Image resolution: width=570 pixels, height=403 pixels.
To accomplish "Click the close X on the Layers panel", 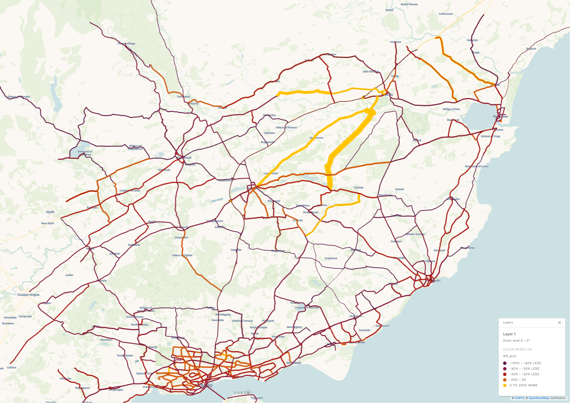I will (559, 323).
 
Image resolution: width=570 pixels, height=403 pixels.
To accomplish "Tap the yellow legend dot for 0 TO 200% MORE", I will (505, 385).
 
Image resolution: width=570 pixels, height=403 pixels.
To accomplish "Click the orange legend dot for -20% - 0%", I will (505, 380).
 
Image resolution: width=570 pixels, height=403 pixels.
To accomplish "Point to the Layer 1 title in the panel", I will (509, 334).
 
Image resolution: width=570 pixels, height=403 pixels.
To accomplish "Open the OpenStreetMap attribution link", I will (539, 398).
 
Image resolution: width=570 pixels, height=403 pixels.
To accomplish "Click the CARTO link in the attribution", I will (519, 398).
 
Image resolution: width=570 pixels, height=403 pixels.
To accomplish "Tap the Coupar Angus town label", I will (28, 295).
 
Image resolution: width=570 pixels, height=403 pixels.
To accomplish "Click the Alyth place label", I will (50, 212).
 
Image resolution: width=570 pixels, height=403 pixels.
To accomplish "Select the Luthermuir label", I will (446, 14).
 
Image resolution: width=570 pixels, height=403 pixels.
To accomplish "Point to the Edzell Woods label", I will (409, 4).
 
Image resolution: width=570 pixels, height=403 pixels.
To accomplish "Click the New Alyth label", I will (48, 224).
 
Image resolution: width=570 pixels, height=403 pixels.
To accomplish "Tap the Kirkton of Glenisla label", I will (18, 97).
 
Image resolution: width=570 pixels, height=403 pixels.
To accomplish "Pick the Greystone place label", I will (331, 258).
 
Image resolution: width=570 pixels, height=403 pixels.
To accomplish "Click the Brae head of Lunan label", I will (477, 167).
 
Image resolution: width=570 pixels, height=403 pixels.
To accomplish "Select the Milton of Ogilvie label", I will (182, 255).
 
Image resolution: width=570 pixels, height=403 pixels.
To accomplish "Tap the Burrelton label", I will (8, 323).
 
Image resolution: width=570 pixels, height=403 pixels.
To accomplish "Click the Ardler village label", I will (69, 275).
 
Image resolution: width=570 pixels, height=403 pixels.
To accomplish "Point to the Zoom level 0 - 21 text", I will (516, 340).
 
